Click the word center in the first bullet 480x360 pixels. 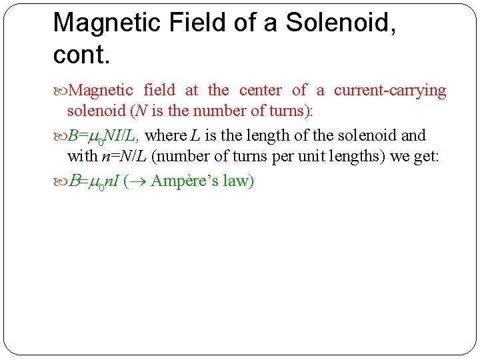[x=260, y=90]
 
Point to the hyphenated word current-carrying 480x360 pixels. [x=390, y=90]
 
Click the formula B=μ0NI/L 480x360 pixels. [x=103, y=136]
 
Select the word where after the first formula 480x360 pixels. [x=166, y=135]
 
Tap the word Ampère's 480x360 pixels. [x=185, y=181]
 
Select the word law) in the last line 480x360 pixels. [x=239, y=181]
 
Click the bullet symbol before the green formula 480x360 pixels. [x=60, y=181]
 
